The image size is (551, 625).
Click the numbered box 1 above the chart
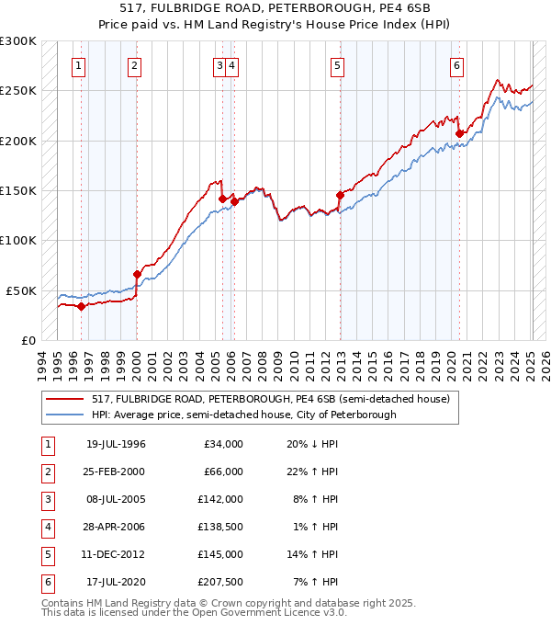pos(79,65)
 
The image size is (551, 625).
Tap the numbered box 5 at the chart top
pos(338,65)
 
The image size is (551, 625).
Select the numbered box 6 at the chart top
pos(456,65)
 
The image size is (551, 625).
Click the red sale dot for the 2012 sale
pos(340,195)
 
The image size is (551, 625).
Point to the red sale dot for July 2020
pos(459,133)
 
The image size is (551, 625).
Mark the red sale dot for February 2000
pos(137,274)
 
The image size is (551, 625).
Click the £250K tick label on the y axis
pos(18,91)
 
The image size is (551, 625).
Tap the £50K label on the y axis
pos(22,290)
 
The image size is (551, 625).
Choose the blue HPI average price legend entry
pos(243,415)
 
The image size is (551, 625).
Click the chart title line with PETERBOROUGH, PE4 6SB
pos(275,12)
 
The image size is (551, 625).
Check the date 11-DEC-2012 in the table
pos(116,554)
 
